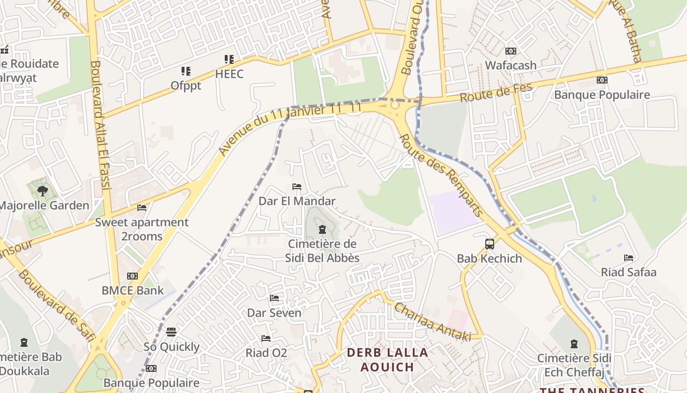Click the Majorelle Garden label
44,205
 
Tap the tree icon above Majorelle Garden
43,191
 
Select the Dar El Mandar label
297,201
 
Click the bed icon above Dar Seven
274,298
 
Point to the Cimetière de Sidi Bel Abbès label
322,251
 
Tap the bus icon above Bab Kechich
489,244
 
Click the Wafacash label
511,65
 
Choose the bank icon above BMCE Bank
132,276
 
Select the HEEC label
229,74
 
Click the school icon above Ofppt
185,71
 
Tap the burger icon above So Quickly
171,332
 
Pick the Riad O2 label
266,353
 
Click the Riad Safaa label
629,272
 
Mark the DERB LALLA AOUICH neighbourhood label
388,360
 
